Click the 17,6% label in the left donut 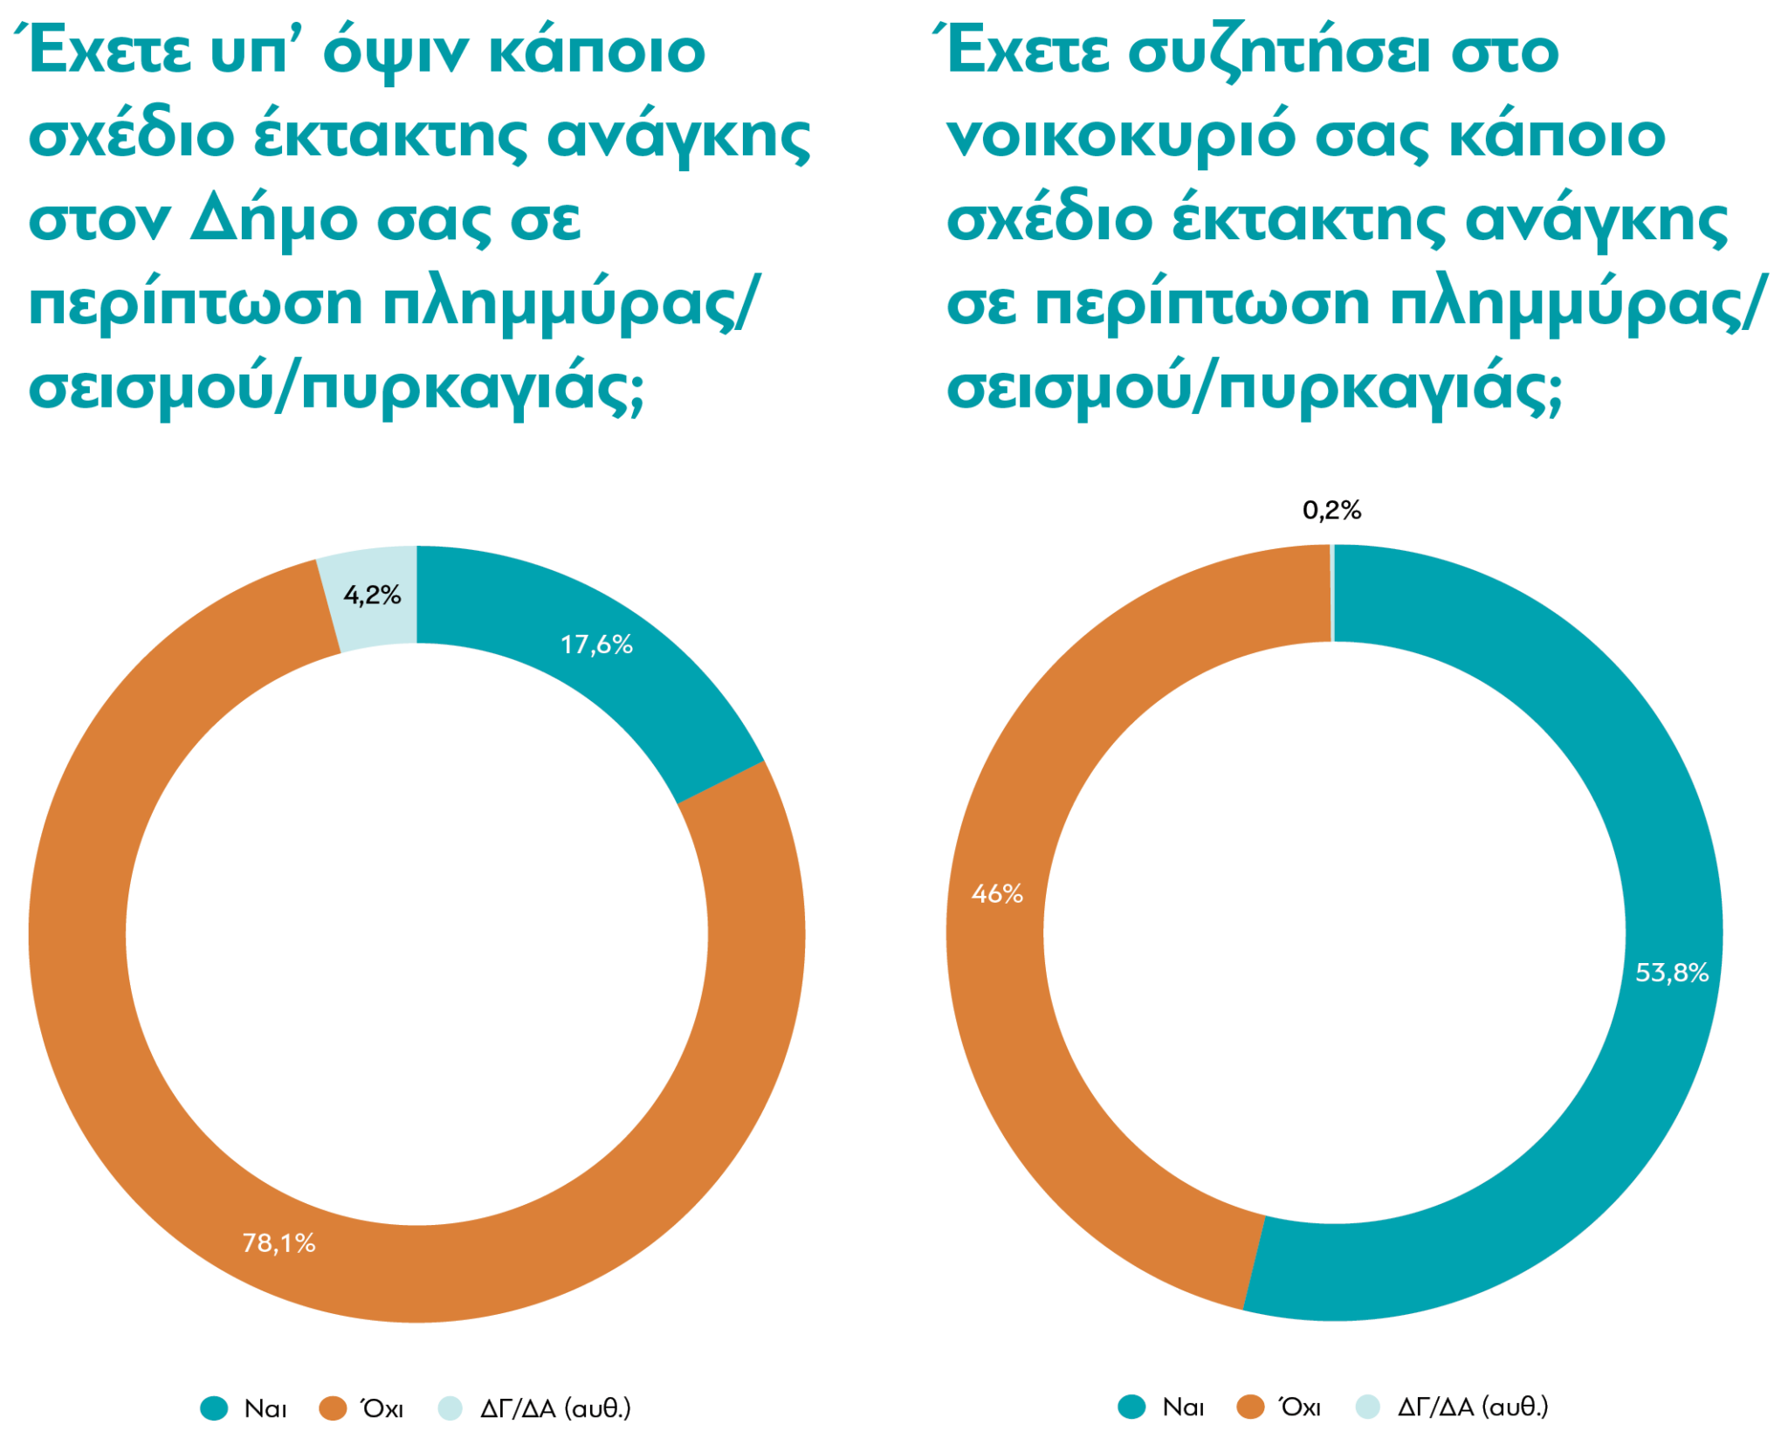tap(596, 644)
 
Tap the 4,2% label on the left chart tap(372, 595)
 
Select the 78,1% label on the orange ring tap(279, 1242)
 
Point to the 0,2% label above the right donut tap(1331, 510)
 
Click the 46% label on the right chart tap(997, 893)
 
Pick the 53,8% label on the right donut tap(1671, 973)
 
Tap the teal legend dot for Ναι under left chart tap(214, 1407)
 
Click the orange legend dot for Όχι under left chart tap(333, 1407)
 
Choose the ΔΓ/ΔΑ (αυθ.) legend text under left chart tap(555, 1407)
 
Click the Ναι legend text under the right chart tap(1183, 1407)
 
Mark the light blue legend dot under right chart tap(1368, 1407)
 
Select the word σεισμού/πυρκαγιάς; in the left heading tap(336, 387)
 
